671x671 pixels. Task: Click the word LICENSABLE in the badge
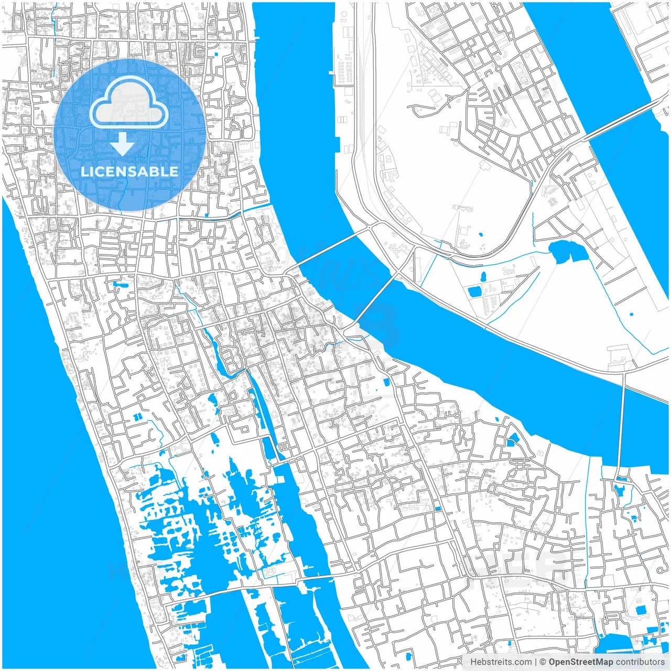[129, 171]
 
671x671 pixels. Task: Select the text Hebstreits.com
[501, 662]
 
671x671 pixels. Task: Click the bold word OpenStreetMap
[580, 662]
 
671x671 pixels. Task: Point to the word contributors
[640, 662]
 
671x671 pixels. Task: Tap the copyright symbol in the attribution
[544, 662]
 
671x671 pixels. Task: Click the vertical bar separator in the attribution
[536, 662]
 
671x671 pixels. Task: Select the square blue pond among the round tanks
[474, 291]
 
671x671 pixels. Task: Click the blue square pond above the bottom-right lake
[641, 610]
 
